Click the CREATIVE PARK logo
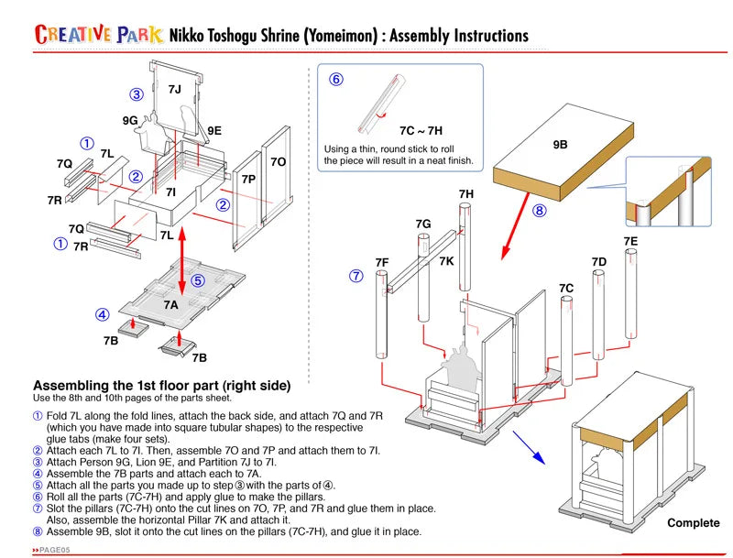pos(98,35)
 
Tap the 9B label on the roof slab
pos(560,145)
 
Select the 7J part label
pos(174,89)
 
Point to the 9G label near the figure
pos(130,120)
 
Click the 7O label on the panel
pos(278,162)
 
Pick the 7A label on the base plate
pos(171,304)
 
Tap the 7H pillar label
pos(466,194)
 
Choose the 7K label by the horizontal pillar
pos(446,261)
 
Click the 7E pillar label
pos(630,241)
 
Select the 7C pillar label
pos(566,289)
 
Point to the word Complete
pos(693,523)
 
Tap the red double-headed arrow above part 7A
pos(182,262)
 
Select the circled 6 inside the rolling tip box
pos(336,80)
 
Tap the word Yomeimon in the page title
pos(333,36)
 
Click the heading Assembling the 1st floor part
pos(161,385)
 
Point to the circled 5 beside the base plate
pos(197,280)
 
